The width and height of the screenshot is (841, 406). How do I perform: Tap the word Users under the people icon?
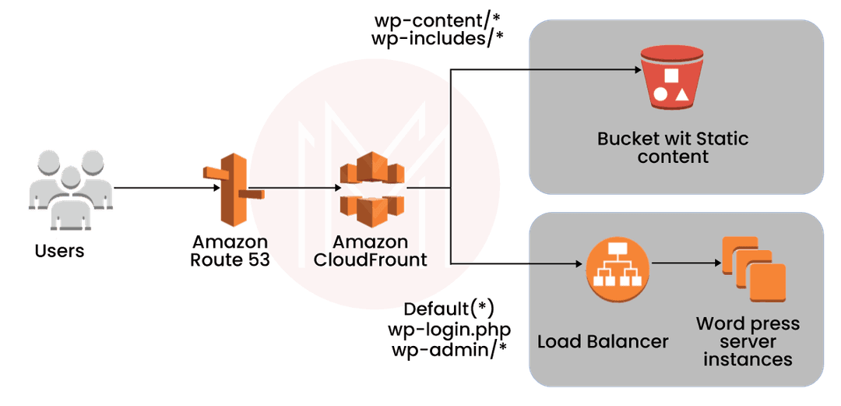click(60, 251)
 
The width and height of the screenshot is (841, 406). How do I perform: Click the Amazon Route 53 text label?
click(230, 251)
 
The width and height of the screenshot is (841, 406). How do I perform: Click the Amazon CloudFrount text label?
click(371, 251)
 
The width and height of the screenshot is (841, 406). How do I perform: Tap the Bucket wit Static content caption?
click(673, 148)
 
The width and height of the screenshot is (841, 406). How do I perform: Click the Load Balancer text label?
click(603, 341)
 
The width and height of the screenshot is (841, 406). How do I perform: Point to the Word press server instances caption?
click(748, 341)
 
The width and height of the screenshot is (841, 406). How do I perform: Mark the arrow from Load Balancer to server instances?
click(685, 264)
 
